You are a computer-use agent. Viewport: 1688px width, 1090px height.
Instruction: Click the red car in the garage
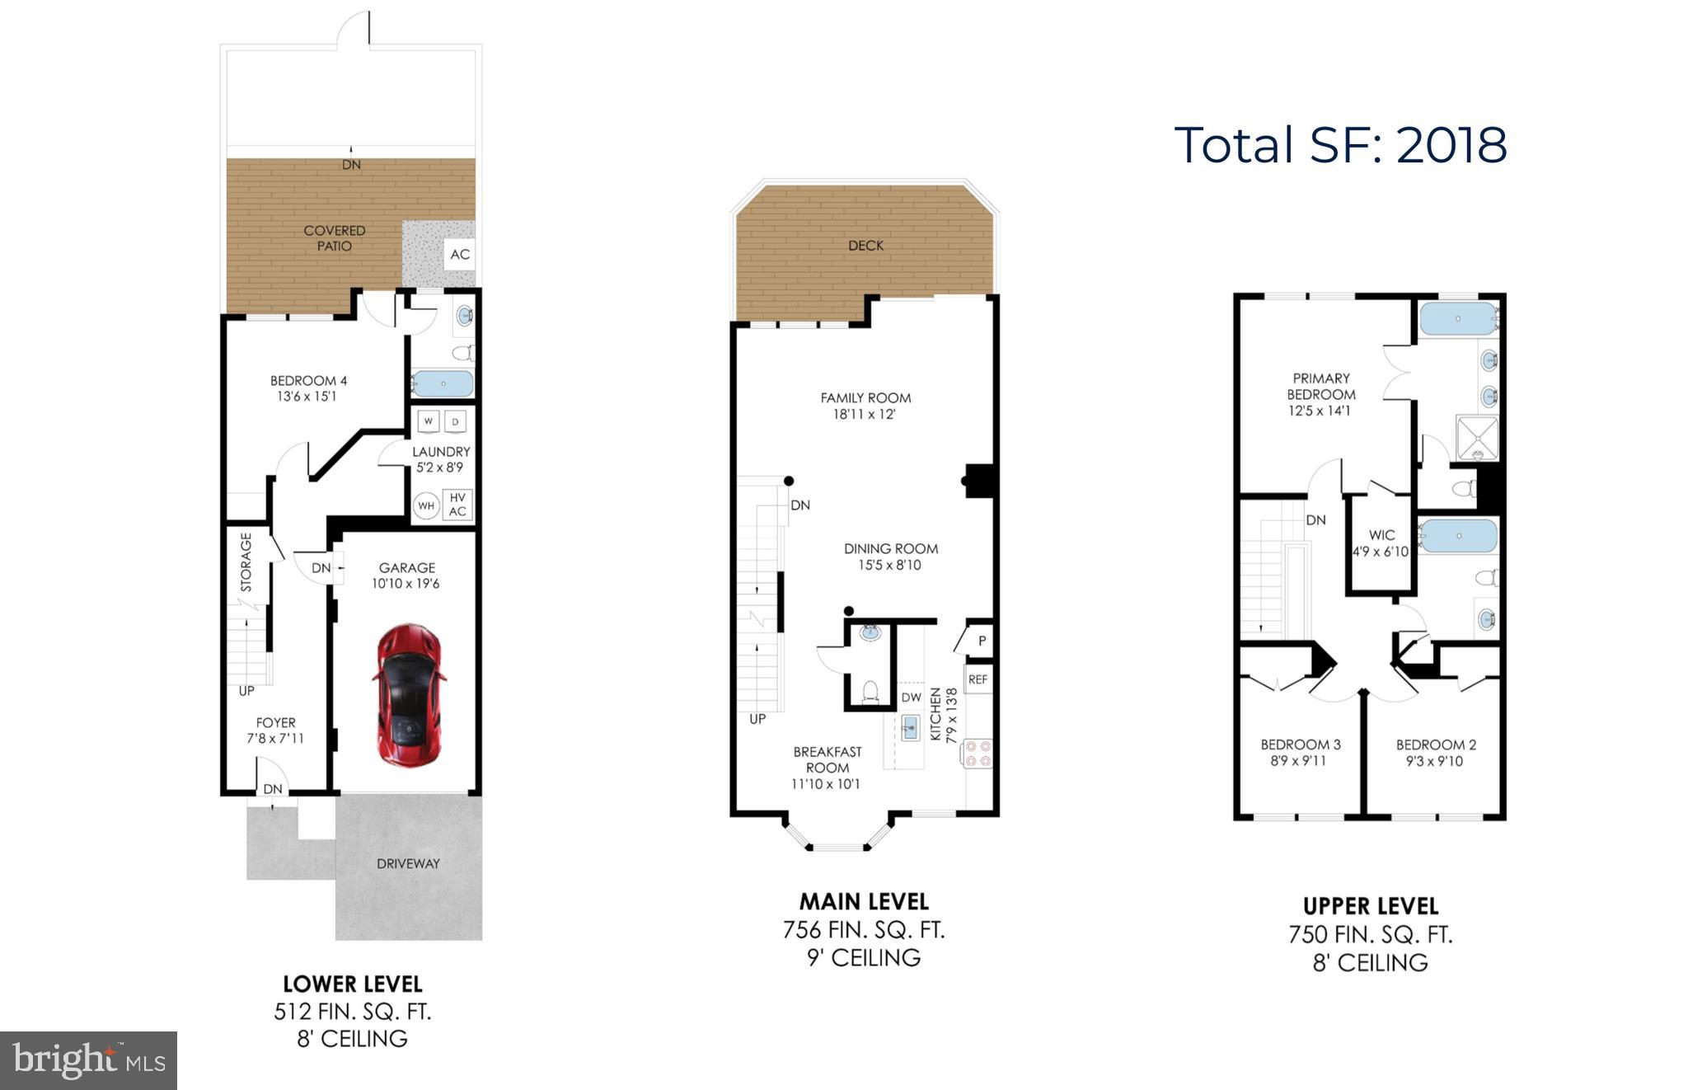[408, 694]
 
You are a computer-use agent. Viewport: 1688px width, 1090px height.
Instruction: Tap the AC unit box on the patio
[459, 254]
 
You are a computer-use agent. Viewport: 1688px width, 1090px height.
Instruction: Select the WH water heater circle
[426, 505]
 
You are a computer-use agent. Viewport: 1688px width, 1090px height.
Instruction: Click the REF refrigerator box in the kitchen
[978, 679]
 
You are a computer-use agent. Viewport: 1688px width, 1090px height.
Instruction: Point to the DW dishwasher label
[911, 698]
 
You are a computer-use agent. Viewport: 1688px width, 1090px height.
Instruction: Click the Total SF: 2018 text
[1340, 145]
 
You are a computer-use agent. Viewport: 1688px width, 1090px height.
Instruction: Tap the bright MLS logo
[88, 1060]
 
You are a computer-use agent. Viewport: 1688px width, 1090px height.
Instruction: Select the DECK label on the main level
[865, 246]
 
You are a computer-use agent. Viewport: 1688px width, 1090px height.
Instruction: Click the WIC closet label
[1381, 535]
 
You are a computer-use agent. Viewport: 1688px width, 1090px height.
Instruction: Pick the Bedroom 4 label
[308, 381]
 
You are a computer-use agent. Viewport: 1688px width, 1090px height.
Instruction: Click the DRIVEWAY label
[408, 863]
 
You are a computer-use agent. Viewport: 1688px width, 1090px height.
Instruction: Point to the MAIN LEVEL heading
[864, 901]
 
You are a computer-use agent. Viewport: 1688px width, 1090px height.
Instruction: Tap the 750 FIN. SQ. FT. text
[1370, 934]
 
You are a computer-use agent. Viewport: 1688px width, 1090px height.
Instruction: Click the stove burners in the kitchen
[978, 754]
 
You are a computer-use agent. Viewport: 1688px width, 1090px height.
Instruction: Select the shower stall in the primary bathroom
[1476, 438]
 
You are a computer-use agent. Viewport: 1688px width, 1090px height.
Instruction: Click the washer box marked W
[428, 421]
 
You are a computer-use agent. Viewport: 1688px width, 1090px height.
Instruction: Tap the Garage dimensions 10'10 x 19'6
[406, 584]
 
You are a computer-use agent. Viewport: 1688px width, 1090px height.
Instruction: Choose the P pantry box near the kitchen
[982, 641]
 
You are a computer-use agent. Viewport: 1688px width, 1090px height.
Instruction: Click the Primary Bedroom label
[1320, 386]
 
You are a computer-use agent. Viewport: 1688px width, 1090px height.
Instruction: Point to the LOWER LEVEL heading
[353, 984]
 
